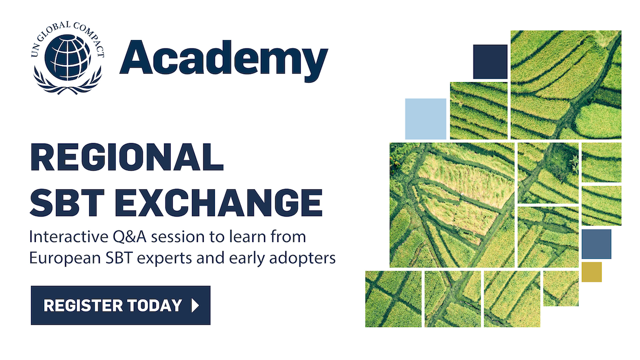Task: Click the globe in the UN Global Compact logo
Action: coord(68,58)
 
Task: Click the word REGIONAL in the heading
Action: coord(126,157)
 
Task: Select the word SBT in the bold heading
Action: coord(67,203)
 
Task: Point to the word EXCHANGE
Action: coord(219,203)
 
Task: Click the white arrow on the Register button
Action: coord(195,306)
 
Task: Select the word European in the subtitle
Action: coord(65,259)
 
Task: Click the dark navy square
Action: coord(490,62)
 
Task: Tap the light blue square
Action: coord(426,119)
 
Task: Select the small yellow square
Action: coord(591,272)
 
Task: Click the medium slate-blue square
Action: coord(596,244)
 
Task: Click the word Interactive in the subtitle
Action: coord(69,237)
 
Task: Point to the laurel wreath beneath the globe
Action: coord(67,81)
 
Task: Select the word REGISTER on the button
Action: coord(83,306)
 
